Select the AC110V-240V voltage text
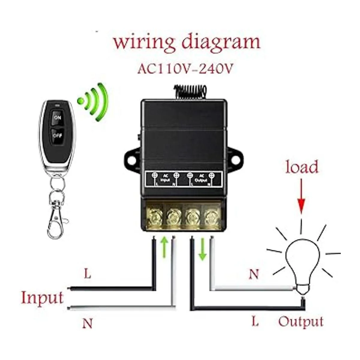click(185, 69)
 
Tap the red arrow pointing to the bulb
click(301, 198)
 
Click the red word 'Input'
click(42, 298)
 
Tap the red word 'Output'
click(301, 322)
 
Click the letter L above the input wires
click(87, 274)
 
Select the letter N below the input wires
click(87, 323)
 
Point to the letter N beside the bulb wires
click(254, 274)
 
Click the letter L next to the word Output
click(255, 322)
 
